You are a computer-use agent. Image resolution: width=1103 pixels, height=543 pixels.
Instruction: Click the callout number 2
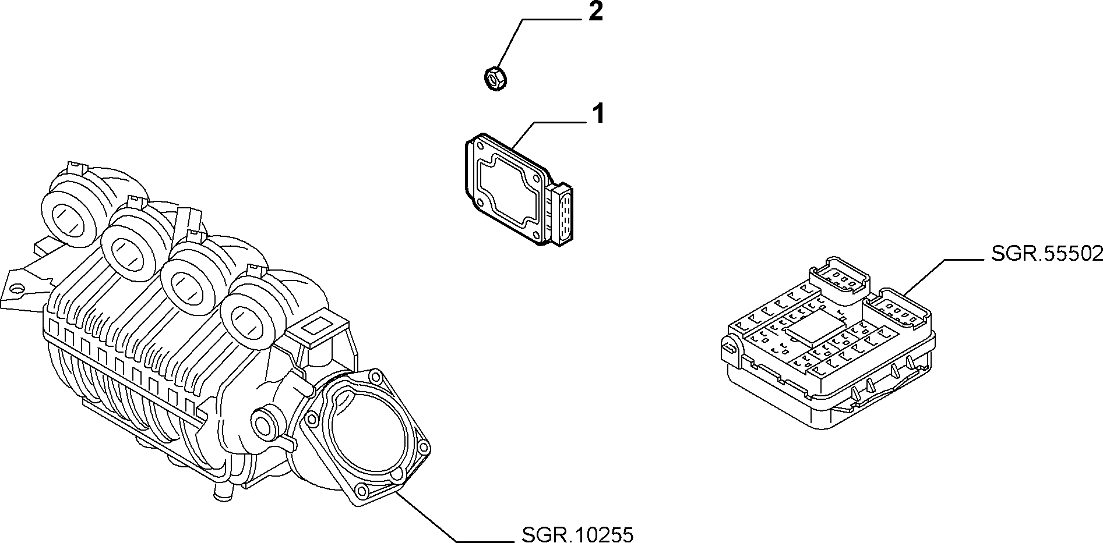click(595, 12)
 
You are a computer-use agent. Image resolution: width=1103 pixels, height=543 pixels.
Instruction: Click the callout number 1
click(598, 114)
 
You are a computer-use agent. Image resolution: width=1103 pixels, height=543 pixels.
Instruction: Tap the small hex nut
click(495, 79)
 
